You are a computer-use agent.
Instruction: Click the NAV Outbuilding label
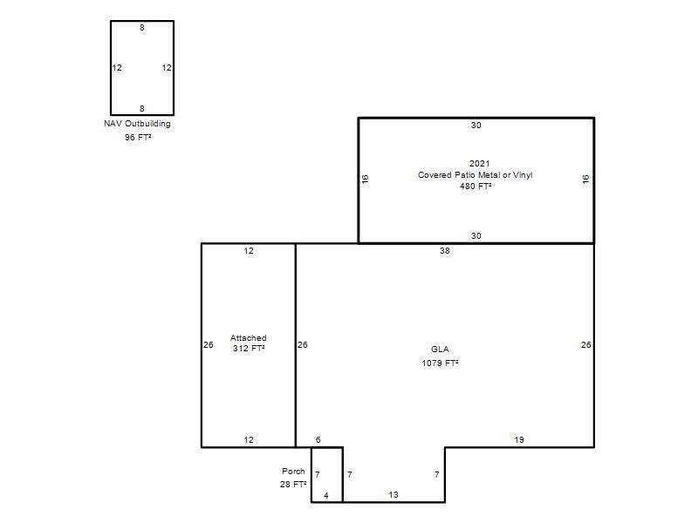click(x=137, y=124)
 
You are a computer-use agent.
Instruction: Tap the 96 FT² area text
click(x=138, y=138)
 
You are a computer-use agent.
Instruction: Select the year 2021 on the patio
click(x=479, y=164)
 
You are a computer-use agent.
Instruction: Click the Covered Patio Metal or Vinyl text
click(x=475, y=175)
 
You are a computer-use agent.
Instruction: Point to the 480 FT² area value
click(x=476, y=187)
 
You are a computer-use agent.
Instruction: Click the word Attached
click(x=249, y=338)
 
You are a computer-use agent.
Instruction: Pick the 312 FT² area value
click(x=249, y=348)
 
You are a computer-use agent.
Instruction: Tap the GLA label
click(x=440, y=350)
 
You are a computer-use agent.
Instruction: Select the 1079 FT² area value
click(x=440, y=363)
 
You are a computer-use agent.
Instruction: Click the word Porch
click(x=293, y=471)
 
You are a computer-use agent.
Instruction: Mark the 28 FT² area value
click(x=293, y=485)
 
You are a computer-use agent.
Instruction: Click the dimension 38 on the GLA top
click(x=445, y=251)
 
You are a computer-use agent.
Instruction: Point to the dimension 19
click(x=519, y=440)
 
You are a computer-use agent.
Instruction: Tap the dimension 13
click(x=393, y=494)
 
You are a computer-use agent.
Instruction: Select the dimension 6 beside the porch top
click(x=318, y=440)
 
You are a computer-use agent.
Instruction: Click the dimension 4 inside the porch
click(x=326, y=495)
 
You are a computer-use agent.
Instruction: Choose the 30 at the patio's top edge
click(x=476, y=126)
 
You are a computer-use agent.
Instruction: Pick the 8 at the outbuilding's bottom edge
click(x=142, y=108)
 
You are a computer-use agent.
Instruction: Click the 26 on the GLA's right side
click(x=585, y=344)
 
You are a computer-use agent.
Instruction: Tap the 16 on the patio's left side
click(x=365, y=179)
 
